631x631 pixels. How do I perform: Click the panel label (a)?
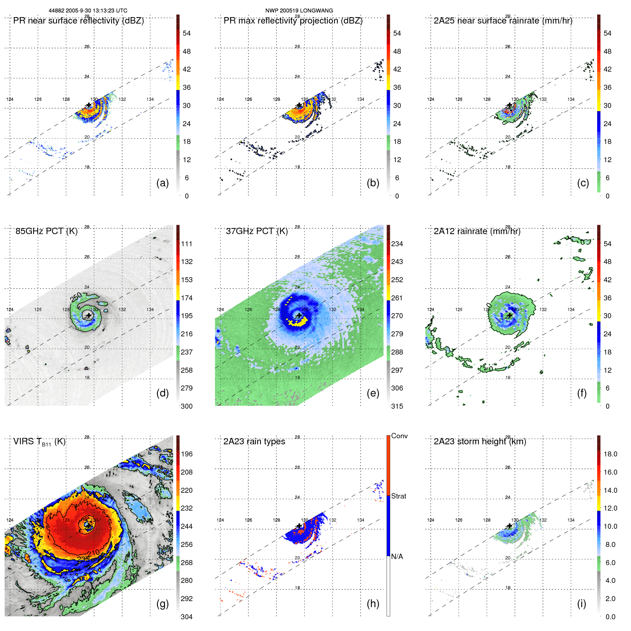(162, 183)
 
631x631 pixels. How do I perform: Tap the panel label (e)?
(373, 393)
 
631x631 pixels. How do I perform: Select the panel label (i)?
(581, 604)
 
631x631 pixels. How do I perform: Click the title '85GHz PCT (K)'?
(46, 231)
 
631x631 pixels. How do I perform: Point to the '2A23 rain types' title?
(254, 441)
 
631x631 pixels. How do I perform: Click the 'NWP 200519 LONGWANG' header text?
(299, 11)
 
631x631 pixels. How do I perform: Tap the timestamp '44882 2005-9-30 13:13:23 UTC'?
(88, 11)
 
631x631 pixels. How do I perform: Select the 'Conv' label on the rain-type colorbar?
(399, 436)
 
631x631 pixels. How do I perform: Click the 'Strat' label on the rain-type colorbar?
(398, 496)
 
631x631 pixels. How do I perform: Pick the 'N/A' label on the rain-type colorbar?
(397, 557)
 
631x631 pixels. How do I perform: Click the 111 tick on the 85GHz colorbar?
(187, 244)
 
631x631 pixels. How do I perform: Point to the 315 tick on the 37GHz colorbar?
(397, 406)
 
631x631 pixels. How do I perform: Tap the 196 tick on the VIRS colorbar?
(187, 454)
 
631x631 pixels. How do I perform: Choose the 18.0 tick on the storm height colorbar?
(610, 454)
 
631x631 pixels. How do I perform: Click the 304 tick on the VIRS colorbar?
(187, 617)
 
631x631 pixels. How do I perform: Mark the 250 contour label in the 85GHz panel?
(76, 297)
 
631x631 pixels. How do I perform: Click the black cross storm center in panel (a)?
(89, 105)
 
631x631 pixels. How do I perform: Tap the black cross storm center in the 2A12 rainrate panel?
(510, 315)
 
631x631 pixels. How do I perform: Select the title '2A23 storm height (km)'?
(480, 441)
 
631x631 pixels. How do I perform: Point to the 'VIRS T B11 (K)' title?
(39, 442)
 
